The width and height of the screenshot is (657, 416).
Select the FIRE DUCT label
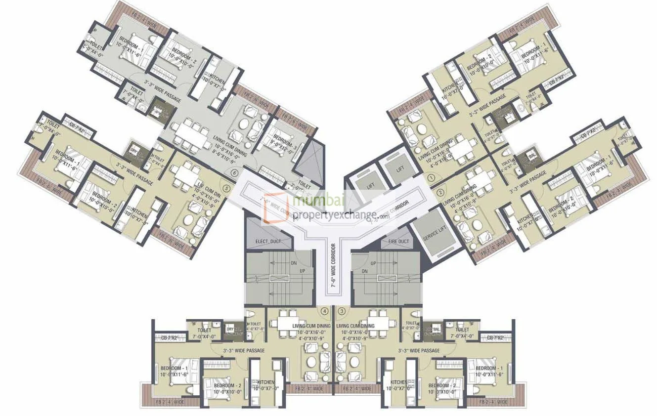[x=395, y=242]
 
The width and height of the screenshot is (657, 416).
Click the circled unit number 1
[x=431, y=177]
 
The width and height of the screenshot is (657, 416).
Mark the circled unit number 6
[x=234, y=173]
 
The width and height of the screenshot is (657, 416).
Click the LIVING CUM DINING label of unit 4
[x=311, y=326]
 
